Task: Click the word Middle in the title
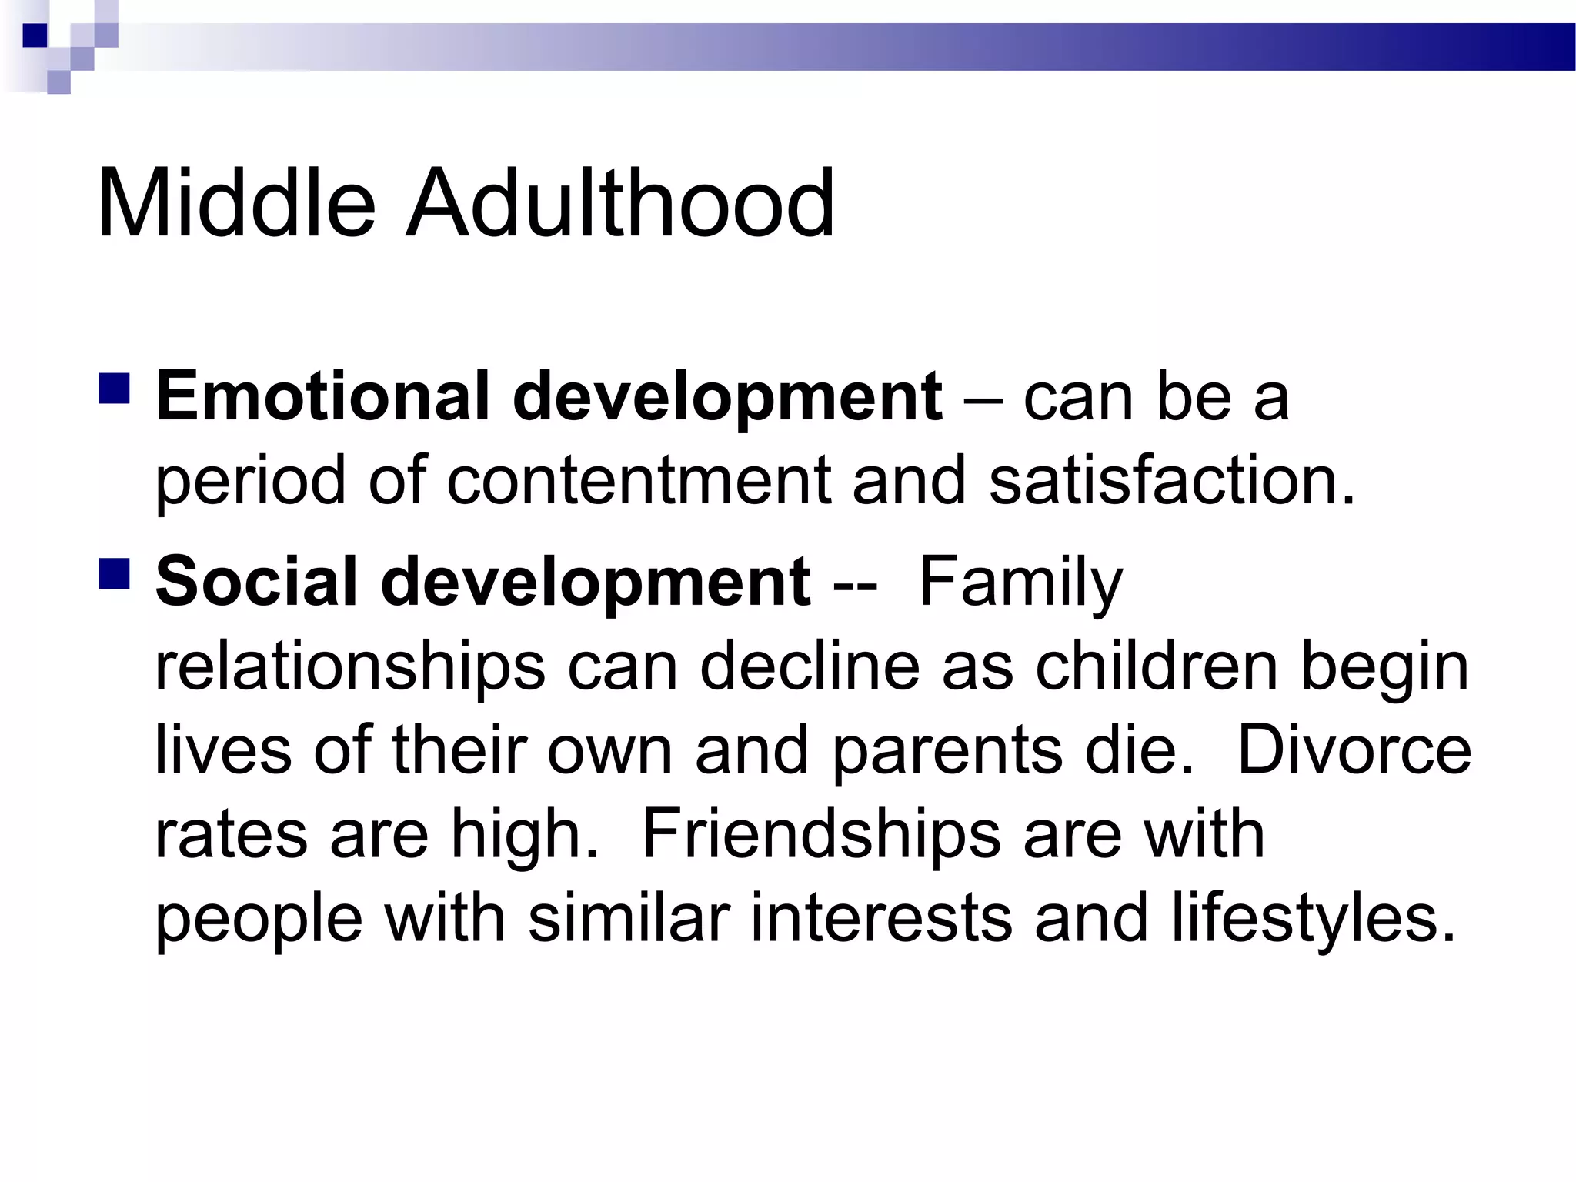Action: tap(235, 204)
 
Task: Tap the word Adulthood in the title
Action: tap(619, 204)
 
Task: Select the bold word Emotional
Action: tap(322, 396)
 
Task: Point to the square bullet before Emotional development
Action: tap(114, 388)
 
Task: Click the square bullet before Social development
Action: tap(114, 573)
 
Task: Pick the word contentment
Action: tap(639, 480)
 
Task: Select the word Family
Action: tap(1020, 583)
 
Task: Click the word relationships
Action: tap(350, 666)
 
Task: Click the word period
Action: tap(250, 482)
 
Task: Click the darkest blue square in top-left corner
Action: tap(35, 35)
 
